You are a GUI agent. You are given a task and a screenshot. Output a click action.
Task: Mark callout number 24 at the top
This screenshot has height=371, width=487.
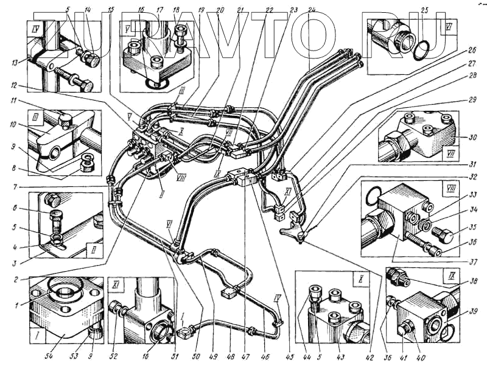(312, 10)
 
